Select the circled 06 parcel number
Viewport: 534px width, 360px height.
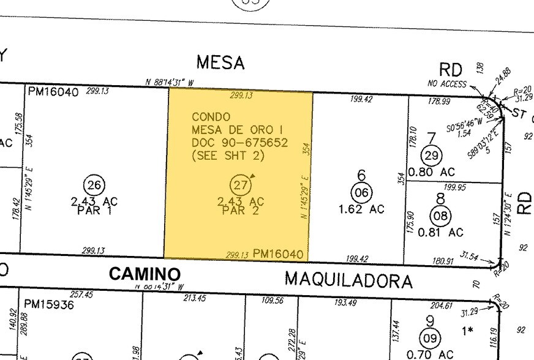coord(362,192)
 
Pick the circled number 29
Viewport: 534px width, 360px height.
coord(432,156)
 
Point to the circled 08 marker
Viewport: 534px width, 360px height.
coord(440,216)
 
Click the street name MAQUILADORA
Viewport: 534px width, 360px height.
coord(348,281)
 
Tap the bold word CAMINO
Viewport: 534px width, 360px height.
coord(145,274)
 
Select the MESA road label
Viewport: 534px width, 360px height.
coord(220,62)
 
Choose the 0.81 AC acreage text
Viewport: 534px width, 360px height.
coord(440,233)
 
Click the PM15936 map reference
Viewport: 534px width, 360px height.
coord(49,304)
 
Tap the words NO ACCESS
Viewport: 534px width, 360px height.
coord(448,84)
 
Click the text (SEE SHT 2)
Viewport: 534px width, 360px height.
coord(228,156)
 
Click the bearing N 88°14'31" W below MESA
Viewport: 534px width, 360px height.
coord(170,82)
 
